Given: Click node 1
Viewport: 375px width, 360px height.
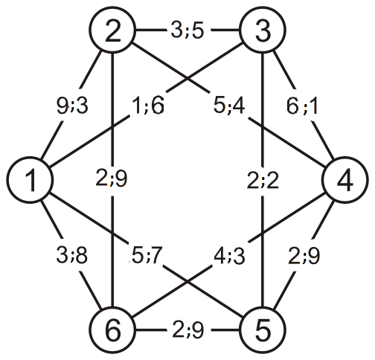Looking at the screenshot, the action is (30, 180).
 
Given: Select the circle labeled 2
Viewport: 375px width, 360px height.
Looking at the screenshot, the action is (112, 30).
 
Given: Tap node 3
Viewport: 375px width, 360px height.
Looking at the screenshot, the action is (263, 30).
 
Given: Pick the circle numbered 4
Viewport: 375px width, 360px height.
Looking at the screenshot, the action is (345, 180).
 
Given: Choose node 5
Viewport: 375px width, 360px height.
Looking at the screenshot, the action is (263, 330).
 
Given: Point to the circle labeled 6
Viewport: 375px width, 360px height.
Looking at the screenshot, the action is (112, 330).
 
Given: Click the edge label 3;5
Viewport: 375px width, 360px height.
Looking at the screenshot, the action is (187, 30).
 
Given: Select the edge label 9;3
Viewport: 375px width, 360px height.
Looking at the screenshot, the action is (72, 106).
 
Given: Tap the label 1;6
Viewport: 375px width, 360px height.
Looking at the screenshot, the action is (148, 106).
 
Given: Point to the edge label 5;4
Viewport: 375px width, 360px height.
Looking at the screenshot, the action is (229, 106).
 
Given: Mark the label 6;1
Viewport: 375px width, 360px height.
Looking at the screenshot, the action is (302, 106).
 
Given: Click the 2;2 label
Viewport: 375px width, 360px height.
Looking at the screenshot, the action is (263, 181).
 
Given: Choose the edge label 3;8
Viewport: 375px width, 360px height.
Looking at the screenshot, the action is (72, 255).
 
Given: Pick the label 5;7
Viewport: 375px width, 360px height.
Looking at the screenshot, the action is (147, 255).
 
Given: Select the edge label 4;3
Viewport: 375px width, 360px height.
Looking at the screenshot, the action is (229, 256).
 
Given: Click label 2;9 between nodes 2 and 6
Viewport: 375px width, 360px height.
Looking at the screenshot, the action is (112, 179).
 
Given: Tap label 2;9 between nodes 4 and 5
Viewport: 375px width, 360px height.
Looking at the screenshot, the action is (304, 256).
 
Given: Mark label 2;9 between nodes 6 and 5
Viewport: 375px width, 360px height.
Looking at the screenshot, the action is (187, 330).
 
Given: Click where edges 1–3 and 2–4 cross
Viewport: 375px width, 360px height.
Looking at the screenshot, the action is (187, 80).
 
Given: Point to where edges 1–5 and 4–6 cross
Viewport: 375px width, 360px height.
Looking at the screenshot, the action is (187, 281).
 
